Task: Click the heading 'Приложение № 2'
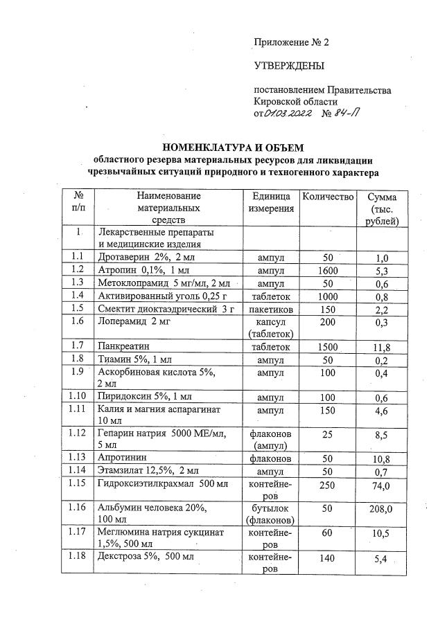(291, 42)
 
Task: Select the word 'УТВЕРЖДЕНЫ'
(289, 66)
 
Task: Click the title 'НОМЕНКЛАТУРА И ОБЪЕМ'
(234, 147)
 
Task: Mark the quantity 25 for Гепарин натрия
(327, 434)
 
